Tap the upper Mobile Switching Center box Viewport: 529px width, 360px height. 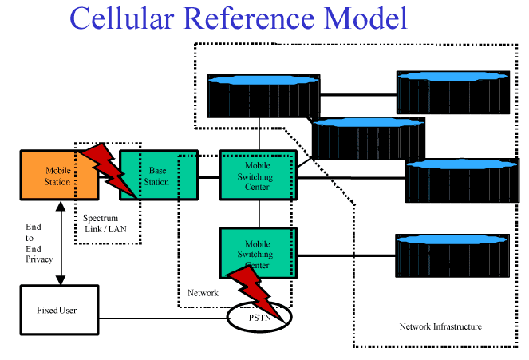pos(257,175)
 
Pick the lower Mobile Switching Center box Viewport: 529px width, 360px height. pos(257,243)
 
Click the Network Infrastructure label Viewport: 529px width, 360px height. pos(440,326)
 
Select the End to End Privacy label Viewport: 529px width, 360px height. pos(38,243)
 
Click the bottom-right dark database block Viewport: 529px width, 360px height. pos(452,255)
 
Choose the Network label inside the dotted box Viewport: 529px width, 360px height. pos(203,293)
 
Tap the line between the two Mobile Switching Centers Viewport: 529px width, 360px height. pos(259,213)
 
